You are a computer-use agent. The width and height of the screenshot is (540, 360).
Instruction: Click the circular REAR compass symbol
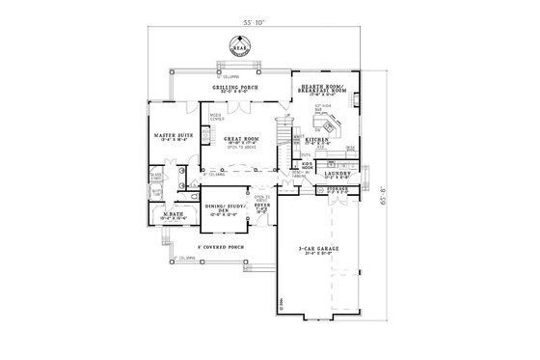[x=238, y=43]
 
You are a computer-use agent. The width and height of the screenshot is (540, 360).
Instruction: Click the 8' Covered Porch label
[x=221, y=247]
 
